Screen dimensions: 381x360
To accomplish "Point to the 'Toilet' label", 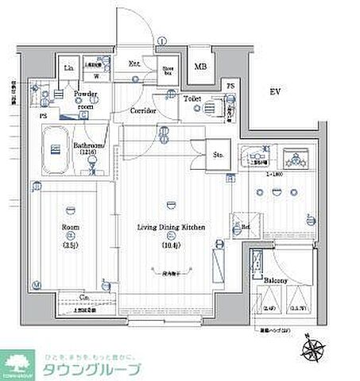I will pos(192,99).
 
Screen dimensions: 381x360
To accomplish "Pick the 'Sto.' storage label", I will pos(217,155).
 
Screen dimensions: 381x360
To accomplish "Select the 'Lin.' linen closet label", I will pos(68,67).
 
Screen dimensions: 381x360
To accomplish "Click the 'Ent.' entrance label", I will pos(135,63).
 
